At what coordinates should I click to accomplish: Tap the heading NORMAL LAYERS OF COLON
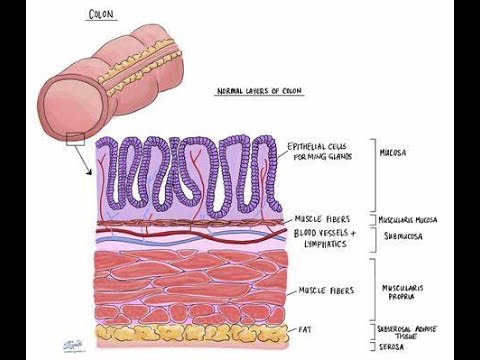click(x=260, y=91)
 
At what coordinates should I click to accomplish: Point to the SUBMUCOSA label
click(x=401, y=237)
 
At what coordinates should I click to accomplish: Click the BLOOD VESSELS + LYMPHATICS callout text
click(x=323, y=237)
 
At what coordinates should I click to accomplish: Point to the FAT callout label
click(x=305, y=327)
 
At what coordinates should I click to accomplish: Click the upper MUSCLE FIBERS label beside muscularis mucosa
click(x=322, y=219)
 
